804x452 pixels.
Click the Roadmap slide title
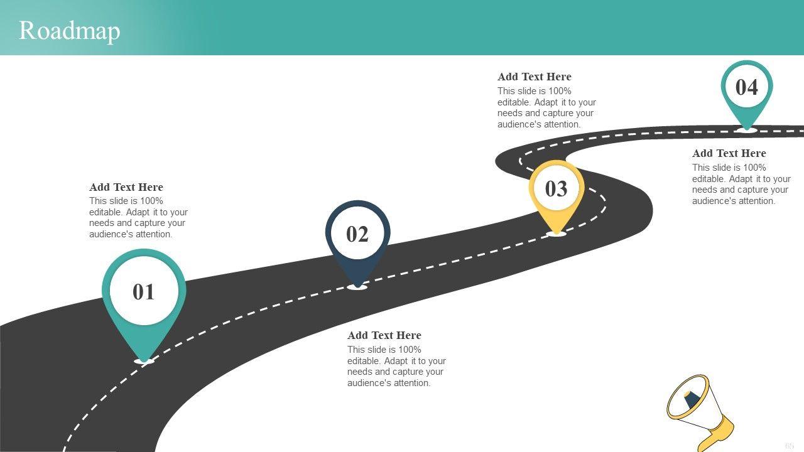coord(69,30)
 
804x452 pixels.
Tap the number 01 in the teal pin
coord(144,292)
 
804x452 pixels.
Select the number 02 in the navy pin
coord(357,234)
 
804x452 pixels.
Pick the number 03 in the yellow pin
coord(556,189)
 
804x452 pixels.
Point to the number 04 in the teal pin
coord(746,87)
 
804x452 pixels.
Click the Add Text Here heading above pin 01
coord(126,187)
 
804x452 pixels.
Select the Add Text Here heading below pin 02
coord(384,335)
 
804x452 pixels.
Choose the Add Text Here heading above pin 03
coord(534,77)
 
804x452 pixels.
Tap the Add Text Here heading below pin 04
coord(729,153)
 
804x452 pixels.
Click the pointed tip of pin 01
coord(144,360)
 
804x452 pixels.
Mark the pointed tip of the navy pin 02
coord(357,286)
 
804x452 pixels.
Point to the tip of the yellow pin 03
coord(556,233)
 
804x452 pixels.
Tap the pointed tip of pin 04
coord(746,129)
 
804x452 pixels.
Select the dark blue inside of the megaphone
coord(692,399)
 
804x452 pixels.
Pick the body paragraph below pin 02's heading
coord(396,367)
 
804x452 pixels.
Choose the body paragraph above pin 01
coord(138,218)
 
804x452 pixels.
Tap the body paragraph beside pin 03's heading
coord(546,108)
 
